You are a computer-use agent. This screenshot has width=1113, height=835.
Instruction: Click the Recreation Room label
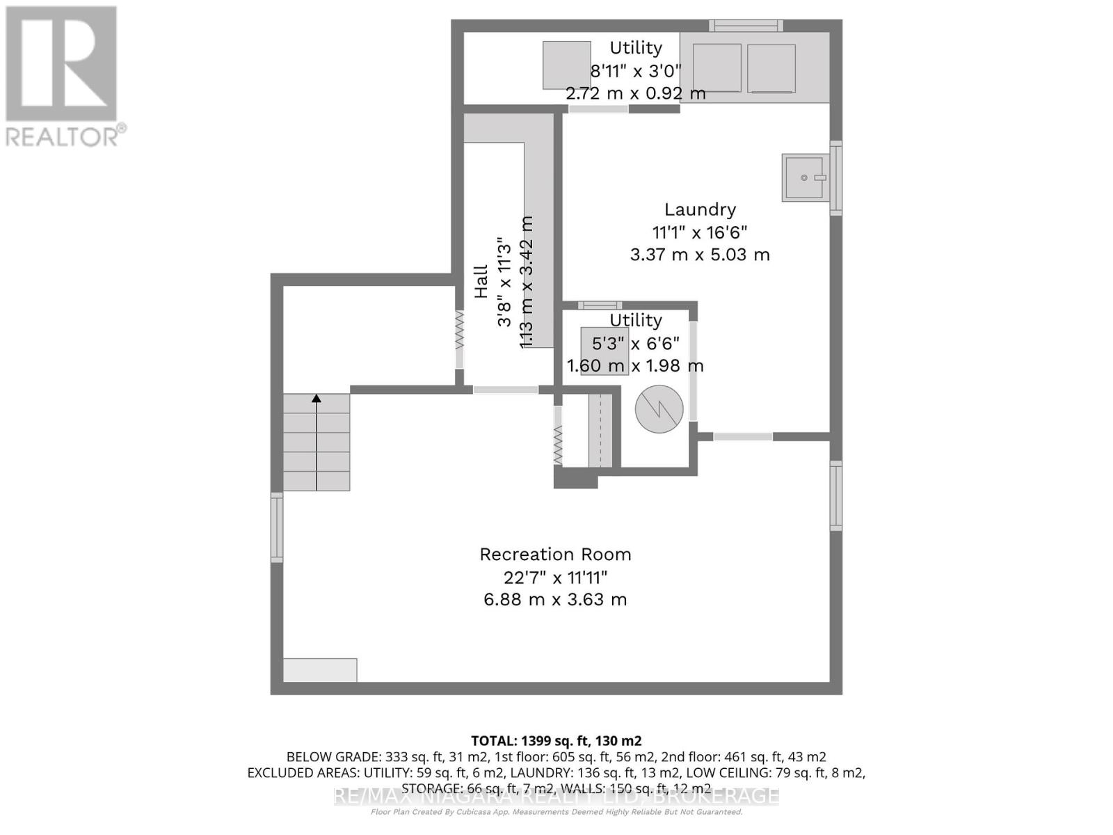point(555,555)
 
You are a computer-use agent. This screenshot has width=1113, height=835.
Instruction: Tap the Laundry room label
point(700,209)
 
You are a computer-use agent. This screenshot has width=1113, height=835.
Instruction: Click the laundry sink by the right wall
point(806,178)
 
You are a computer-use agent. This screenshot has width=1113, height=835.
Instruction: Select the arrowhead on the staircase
point(317,399)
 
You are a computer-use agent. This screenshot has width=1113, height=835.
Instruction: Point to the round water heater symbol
point(659,409)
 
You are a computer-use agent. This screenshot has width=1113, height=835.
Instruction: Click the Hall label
point(481,282)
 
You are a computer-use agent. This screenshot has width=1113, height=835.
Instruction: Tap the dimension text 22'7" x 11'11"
point(555,578)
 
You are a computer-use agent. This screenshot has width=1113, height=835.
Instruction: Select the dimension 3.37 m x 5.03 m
point(700,255)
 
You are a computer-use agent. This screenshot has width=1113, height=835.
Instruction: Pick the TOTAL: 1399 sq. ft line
point(556,741)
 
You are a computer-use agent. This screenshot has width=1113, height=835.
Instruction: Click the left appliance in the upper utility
point(716,67)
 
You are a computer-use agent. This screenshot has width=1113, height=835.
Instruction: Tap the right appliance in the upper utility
point(771,68)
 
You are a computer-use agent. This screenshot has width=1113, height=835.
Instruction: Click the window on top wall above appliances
point(746,26)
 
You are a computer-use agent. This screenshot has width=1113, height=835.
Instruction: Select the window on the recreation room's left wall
point(277,527)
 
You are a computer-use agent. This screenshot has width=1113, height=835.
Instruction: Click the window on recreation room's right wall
point(835,495)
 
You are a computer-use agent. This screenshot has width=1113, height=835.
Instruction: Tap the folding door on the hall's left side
point(459,340)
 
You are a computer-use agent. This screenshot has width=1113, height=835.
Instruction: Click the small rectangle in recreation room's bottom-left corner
point(320,670)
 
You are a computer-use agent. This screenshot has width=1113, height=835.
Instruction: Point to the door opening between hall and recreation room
point(506,390)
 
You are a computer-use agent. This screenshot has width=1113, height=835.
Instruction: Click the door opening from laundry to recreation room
point(743,437)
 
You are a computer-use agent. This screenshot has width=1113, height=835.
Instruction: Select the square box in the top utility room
point(566,65)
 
